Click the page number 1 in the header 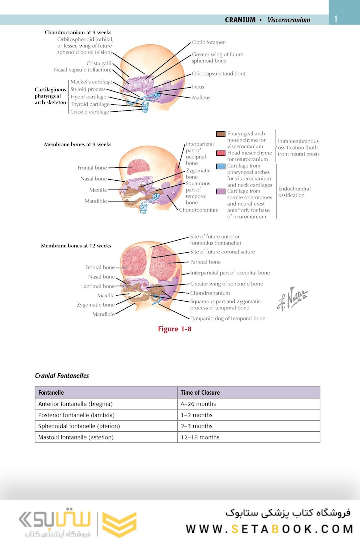(336, 19)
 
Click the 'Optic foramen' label (209, 43)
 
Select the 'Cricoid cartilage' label (90, 112)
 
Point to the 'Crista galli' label (99, 63)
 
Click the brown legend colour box (220, 134)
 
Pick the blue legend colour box (220, 166)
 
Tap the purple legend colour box (220, 191)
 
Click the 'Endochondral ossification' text (294, 192)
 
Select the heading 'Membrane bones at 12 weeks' (76, 246)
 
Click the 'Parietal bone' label (205, 262)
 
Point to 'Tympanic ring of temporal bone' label (228, 318)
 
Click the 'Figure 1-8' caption (175, 329)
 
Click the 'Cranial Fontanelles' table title (62, 375)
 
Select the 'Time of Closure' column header (200, 393)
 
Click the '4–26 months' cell (198, 404)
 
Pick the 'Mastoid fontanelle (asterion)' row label (76, 437)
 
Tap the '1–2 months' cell (197, 415)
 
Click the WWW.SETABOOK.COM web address (269, 529)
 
